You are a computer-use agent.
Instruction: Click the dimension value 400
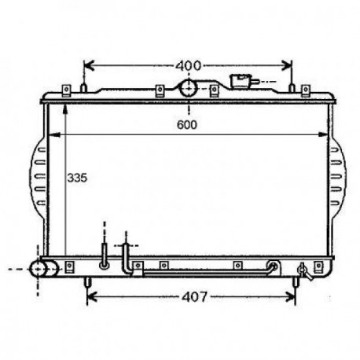click(x=189, y=65)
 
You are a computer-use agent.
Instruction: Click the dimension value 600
click(x=187, y=125)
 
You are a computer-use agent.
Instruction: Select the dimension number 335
click(x=77, y=178)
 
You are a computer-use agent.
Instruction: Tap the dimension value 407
click(x=194, y=297)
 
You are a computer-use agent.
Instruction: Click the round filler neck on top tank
click(x=189, y=88)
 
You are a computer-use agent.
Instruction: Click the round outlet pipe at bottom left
click(x=43, y=269)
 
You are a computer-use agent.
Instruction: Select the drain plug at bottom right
click(x=305, y=271)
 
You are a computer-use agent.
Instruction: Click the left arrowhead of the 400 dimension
click(x=89, y=65)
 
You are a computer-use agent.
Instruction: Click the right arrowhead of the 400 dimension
click(x=287, y=65)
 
